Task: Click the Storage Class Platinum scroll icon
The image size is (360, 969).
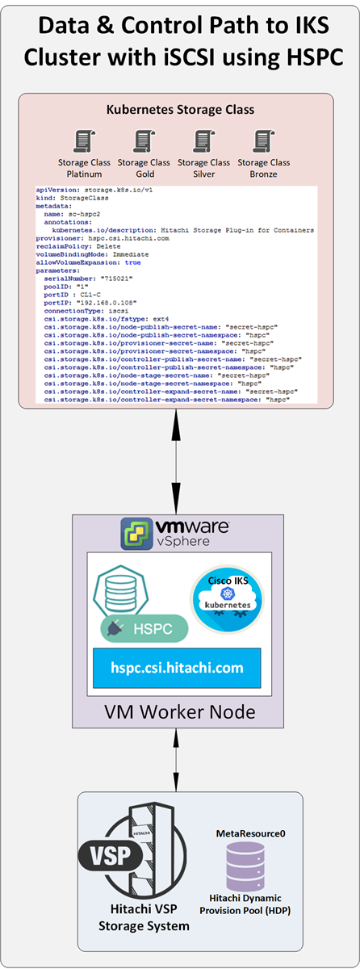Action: (84, 141)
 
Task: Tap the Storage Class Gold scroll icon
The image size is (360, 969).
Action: (144, 141)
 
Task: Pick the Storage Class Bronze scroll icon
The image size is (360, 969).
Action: (262, 141)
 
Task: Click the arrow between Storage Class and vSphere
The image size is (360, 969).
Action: (174, 459)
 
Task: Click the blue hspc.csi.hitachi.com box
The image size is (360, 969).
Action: (177, 668)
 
